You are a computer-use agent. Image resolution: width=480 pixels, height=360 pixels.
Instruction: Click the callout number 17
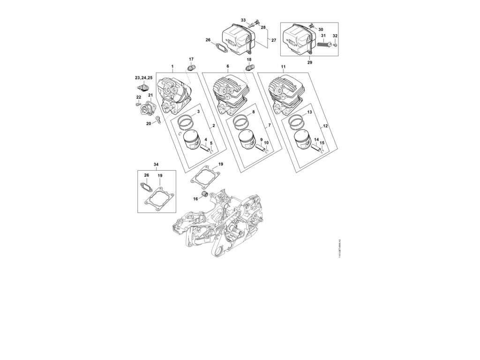[x=191, y=59]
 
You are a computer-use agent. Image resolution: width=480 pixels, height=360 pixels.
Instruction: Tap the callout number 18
[x=249, y=60]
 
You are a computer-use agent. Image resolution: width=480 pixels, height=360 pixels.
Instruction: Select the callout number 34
[x=156, y=165]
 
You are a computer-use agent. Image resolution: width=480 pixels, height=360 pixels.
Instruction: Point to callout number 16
[x=195, y=199]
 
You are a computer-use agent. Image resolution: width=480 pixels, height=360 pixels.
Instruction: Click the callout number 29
[x=309, y=61]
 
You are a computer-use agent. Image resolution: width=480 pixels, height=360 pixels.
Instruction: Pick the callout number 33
[x=243, y=20]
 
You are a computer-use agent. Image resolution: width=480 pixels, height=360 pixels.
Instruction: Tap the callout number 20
[x=149, y=123]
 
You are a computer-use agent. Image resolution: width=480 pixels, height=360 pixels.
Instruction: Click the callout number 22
[x=138, y=97]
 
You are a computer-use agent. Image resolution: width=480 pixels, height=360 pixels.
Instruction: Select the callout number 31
[x=323, y=36]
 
